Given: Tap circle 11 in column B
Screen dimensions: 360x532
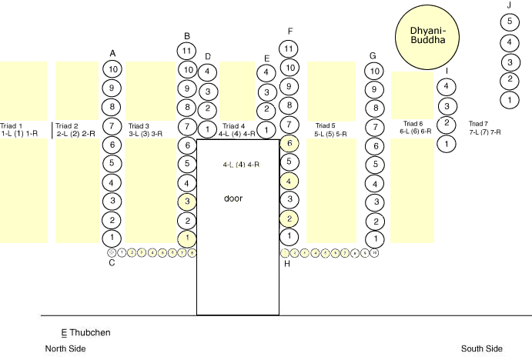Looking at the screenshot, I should click(186, 51).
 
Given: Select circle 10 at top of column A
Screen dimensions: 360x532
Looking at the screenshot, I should click(112, 69).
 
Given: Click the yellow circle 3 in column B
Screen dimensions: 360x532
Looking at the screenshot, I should click(186, 202).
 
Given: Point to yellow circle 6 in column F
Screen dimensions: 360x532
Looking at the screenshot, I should click(288, 143).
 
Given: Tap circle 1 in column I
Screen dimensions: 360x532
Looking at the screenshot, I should click(447, 142).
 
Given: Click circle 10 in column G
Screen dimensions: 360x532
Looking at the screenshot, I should click(373, 72).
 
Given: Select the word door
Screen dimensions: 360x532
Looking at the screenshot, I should click(233, 198).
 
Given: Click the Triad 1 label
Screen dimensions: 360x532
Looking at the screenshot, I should click(12, 125).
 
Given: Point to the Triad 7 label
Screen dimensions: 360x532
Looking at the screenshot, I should click(479, 124).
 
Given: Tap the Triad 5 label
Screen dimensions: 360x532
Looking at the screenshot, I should click(326, 125).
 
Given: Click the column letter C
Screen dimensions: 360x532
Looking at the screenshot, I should click(112, 263).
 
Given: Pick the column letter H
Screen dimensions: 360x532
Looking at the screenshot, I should click(288, 264).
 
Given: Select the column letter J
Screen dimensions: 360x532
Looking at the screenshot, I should click(509, 5).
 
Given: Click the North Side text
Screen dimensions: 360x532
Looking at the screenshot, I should click(65, 349).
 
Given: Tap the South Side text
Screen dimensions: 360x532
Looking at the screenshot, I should click(482, 349).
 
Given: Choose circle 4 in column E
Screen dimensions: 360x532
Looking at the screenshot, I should click(266, 73).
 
